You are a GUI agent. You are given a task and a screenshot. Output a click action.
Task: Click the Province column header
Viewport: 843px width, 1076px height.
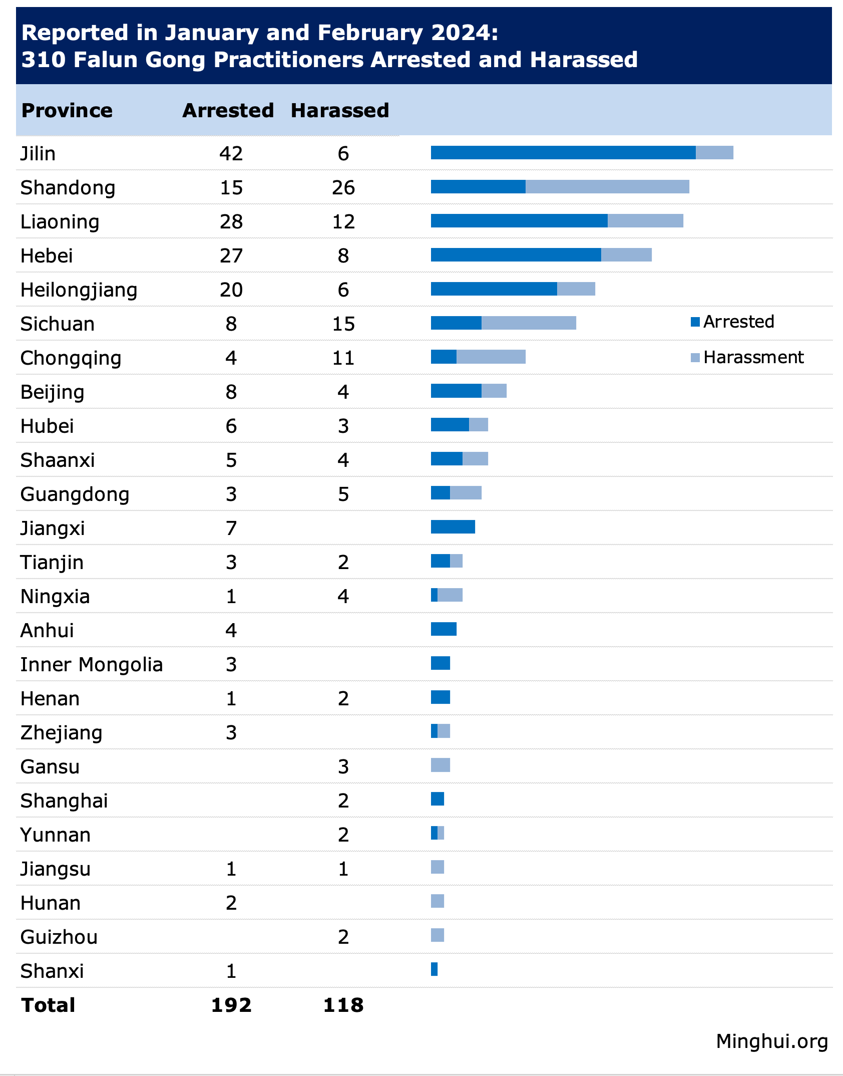point(67,111)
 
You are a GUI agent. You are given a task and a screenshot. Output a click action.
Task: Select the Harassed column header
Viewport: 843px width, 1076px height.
point(340,111)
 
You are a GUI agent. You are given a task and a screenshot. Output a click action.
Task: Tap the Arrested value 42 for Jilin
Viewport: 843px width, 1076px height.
point(231,153)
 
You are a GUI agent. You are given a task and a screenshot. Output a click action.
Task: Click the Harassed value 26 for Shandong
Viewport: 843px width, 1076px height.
point(343,187)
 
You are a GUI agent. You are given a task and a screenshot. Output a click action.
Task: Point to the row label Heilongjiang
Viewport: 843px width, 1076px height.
point(79,290)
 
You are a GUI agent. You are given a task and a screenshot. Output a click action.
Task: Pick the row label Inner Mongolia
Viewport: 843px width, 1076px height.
point(92,665)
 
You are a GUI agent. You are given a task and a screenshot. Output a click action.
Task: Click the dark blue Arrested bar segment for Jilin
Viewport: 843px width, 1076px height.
point(563,153)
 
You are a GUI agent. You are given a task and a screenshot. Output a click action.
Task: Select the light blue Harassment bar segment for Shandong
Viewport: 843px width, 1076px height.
point(607,187)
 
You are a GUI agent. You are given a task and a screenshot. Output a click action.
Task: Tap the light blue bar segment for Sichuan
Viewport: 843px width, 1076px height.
point(529,323)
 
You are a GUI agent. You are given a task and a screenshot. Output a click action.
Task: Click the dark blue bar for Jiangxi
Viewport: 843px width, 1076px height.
point(453,527)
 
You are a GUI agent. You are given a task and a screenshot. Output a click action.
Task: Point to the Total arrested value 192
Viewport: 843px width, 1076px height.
point(231,1005)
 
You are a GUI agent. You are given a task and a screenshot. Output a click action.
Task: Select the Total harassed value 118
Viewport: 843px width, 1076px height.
point(343,1005)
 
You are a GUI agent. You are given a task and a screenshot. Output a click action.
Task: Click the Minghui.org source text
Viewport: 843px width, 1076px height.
point(771,1041)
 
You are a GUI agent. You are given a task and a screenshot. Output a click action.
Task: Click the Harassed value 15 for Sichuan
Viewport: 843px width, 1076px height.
point(343,324)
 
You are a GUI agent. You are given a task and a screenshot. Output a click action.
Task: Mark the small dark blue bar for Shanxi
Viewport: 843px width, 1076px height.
point(434,969)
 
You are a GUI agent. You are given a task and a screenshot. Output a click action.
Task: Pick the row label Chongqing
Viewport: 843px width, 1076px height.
point(71,359)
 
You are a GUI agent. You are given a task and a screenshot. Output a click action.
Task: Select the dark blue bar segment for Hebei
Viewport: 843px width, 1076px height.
point(516,255)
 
